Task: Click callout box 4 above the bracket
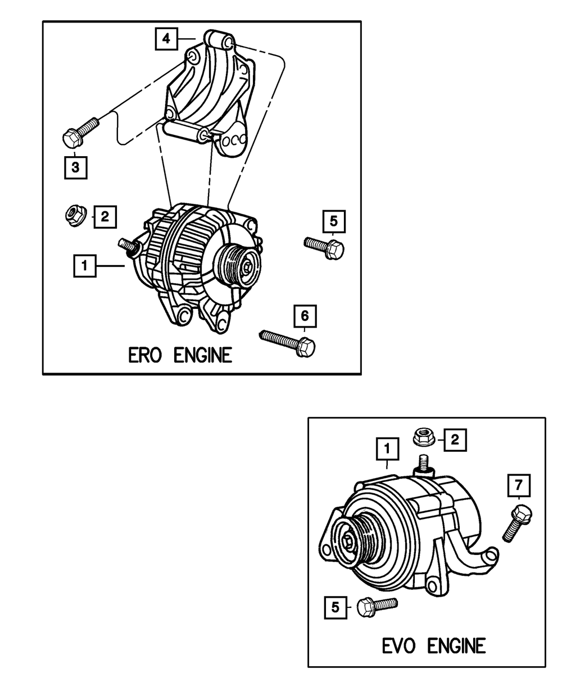point(165,39)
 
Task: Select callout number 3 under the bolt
point(75,167)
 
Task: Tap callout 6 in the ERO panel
point(305,316)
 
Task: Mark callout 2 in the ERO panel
point(105,215)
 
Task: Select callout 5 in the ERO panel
point(333,221)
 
